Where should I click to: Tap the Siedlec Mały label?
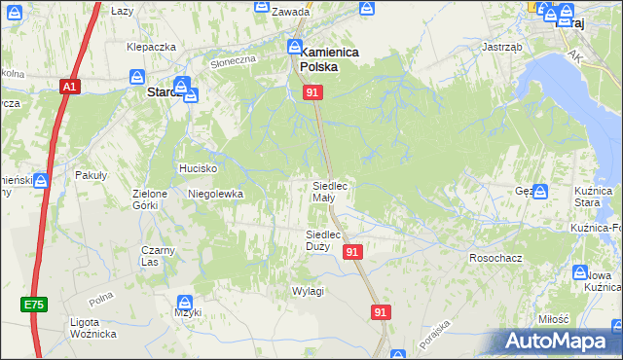(329, 191)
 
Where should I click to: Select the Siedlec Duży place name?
(323, 240)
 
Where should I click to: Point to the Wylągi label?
(308, 291)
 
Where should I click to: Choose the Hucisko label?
(197, 168)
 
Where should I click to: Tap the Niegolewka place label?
(215, 194)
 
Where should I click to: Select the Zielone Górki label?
(151, 199)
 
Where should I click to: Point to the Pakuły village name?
(92, 175)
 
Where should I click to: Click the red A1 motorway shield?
(68, 87)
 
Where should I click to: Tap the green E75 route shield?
(34, 305)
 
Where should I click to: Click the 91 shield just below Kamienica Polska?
(312, 91)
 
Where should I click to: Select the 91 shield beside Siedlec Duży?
(352, 251)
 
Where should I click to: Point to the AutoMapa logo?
(557, 341)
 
